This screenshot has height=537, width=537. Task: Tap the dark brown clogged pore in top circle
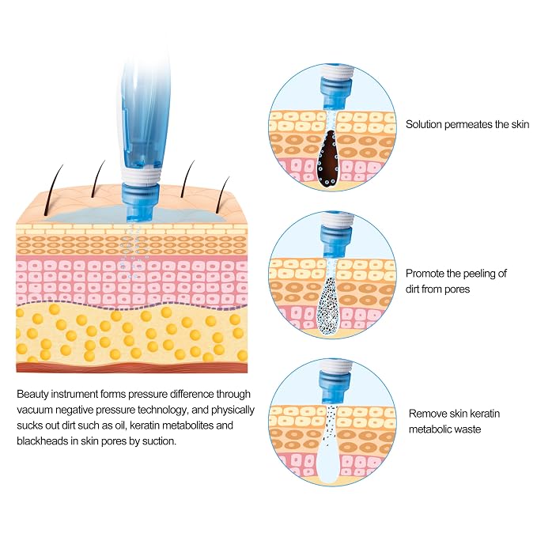328,159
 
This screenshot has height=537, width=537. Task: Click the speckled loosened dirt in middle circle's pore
327,305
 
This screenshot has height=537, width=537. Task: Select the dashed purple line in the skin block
132,305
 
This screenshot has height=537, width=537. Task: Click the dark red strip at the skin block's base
132,368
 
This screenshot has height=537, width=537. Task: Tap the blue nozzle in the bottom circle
334,388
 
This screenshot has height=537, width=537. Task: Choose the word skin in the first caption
520,124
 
